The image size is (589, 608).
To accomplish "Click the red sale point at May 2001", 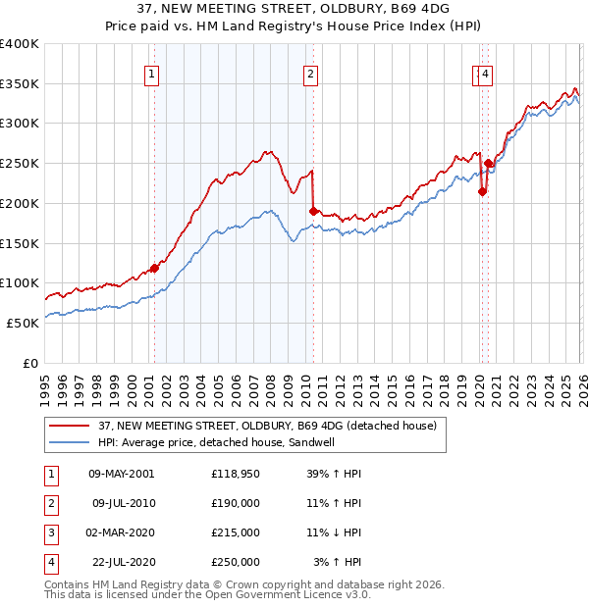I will click(154, 268).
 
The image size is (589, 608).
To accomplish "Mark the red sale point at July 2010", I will click(313, 211).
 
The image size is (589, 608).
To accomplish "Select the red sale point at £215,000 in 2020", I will click(482, 192).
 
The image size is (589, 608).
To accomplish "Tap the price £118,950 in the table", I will click(236, 473).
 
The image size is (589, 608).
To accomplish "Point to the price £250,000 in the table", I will click(236, 562).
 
